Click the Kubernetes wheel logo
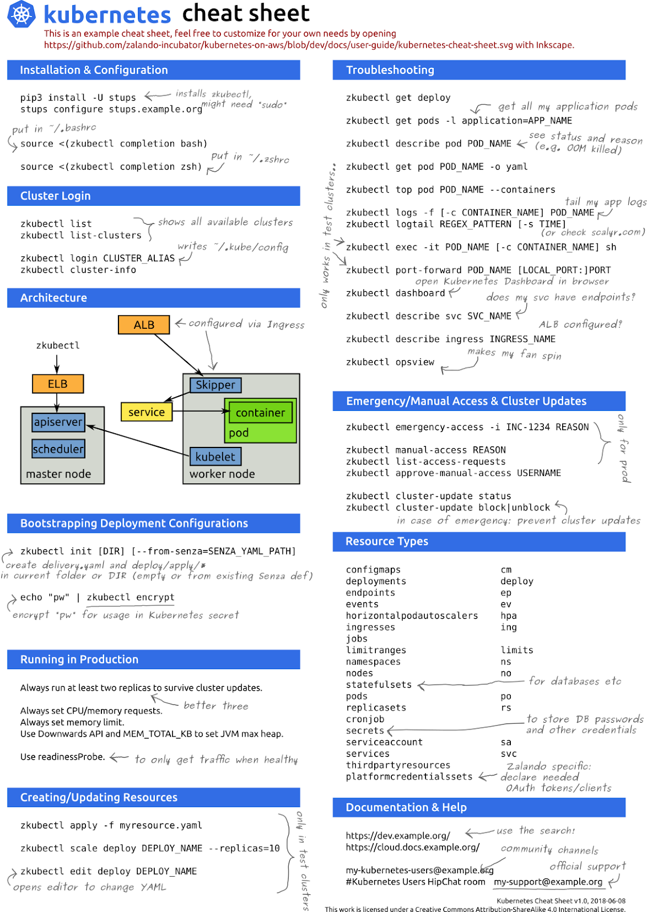22,14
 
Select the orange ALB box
144,325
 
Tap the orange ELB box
58,384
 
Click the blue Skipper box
215,385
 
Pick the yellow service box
146,412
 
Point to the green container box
260,412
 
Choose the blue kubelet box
215,456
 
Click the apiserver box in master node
59,422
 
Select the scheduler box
59,449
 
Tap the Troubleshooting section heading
390,70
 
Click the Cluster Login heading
55,196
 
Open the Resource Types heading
387,541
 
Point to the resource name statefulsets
379,685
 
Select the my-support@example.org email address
548,882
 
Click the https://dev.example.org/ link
398,836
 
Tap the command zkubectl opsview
390,362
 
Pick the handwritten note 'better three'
216,706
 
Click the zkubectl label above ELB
58,345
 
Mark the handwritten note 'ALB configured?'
580,324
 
